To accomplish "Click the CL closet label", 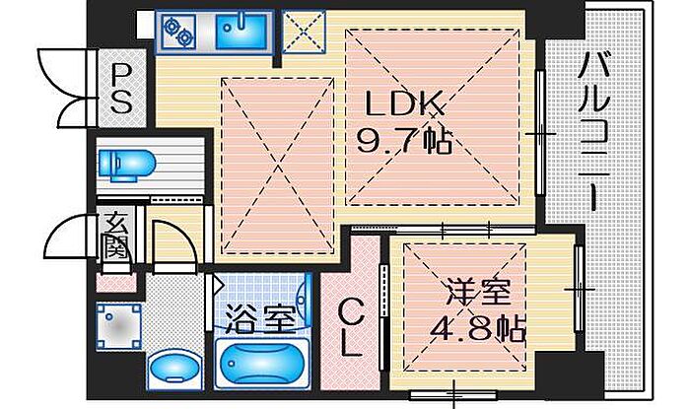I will tap(351, 327).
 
